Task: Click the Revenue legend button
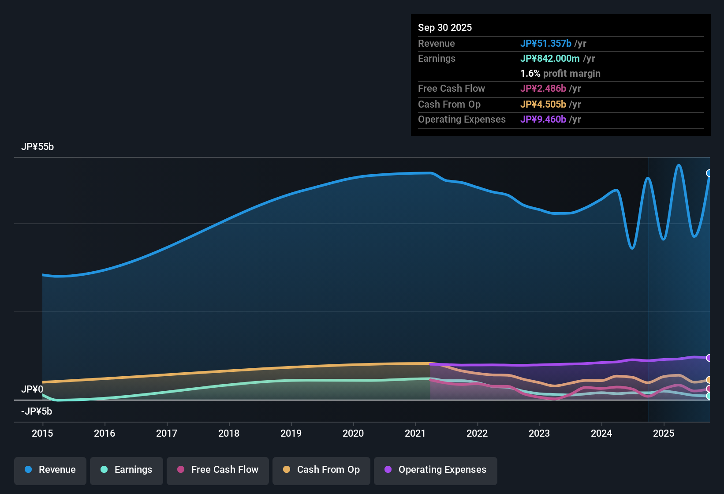click(50, 470)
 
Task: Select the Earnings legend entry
click(127, 470)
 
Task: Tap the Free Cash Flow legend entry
click(218, 470)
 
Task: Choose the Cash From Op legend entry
click(321, 470)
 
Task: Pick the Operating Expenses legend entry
click(436, 470)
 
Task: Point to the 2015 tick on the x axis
click(42, 433)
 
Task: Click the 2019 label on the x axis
click(291, 433)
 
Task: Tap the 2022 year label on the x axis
click(477, 433)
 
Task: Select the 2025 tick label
click(664, 433)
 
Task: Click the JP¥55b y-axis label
click(37, 147)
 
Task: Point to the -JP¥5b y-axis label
click(37, 412)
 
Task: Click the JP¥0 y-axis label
click(32, 389)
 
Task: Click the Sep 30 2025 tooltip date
click(445, 27)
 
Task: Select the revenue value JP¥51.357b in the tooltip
click(545, 43)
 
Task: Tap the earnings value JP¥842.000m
click(550, 58)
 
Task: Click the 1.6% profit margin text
click(560, 74)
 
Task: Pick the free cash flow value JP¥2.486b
click(543, 88)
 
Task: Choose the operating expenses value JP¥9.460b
click(543, 119)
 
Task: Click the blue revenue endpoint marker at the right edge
click(709, 173)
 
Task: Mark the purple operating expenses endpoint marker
click(709, 358)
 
